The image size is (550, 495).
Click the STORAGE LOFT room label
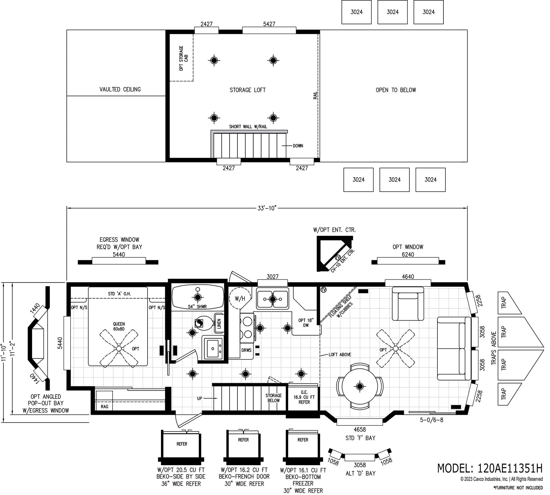coord(247,90)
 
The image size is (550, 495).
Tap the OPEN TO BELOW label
coord(396,90)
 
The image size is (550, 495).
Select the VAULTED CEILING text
coord(120,89)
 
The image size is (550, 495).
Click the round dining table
coord(360,386)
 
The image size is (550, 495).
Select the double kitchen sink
coord(272,299)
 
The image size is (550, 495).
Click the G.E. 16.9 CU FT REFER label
coord(304,397)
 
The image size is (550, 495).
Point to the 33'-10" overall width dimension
coord(266,208)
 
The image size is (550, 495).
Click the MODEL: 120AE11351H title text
coord(490,468)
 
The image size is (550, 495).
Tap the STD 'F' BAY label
coord(360,438)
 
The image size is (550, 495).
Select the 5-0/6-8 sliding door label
coord(431,420)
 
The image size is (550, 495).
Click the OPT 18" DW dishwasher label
coord(306,323)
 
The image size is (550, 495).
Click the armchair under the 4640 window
coord(408,304)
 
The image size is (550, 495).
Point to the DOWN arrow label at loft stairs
coord(298,146)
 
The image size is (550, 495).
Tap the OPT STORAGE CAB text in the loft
coord(183,58)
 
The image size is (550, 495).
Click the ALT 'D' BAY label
coord(360,474)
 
